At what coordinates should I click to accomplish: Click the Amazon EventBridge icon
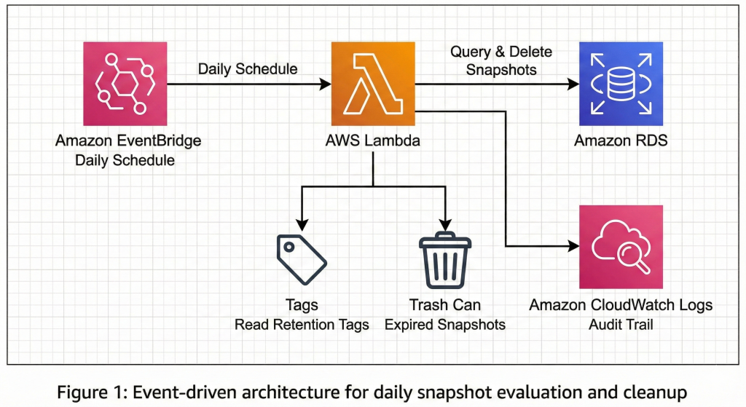pos(125,84)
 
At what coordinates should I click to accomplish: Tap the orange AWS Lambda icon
pos(373,84)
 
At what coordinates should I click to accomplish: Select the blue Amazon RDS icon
pos(621,84)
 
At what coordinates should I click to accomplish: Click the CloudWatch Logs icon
pos(621,247)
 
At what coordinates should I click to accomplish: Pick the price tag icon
pos(301,258)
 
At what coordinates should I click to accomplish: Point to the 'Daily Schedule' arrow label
pos(248,69)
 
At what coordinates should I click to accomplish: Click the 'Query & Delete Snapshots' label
pos(500,60)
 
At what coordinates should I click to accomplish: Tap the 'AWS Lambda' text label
pos(373,141)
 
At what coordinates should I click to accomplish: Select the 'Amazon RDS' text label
pos(621,141)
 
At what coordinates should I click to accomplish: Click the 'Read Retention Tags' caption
pos(301,325)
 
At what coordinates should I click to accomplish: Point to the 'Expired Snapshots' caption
pos(445,325)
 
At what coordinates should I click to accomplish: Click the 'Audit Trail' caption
pos(621,325)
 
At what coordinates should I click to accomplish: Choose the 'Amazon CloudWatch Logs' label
pos(621,305)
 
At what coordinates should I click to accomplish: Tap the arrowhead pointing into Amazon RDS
pos(573,84)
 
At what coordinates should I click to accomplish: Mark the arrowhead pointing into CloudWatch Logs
pos(573,247)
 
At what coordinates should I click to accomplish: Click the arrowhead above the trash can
pos(445,226)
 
